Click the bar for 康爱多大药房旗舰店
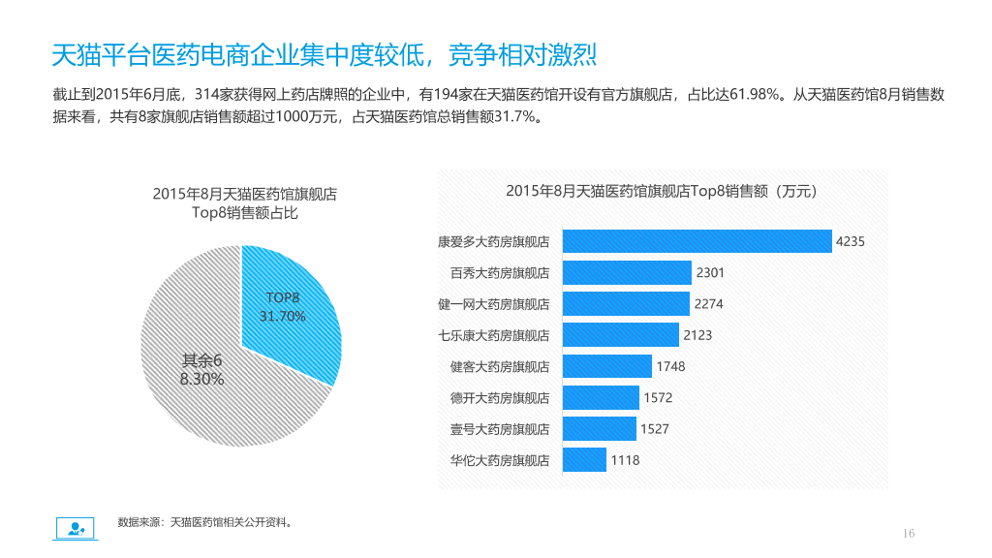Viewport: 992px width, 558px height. click(697, 241)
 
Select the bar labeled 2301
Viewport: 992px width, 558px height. click(627, 272)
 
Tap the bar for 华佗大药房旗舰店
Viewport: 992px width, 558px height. click(584, 460)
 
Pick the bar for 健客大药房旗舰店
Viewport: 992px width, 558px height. click(606, 366)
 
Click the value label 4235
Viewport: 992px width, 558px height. click(851, 241)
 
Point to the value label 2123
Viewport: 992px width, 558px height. click(697, 335)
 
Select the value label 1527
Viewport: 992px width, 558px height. click(654, 429)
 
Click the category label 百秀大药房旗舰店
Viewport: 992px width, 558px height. click(500, 273)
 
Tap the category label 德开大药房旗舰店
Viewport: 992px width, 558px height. click(500, 398)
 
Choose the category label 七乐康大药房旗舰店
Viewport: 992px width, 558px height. click(493, 335)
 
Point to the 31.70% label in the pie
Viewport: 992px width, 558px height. click(282, 317)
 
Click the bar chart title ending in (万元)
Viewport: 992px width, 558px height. click(661, 191)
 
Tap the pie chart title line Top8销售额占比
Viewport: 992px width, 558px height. click(245, 212)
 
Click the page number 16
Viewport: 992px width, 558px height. click(909, 534)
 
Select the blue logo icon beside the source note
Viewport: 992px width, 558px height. click(76, 528)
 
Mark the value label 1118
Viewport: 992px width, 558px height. click(625, 460)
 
